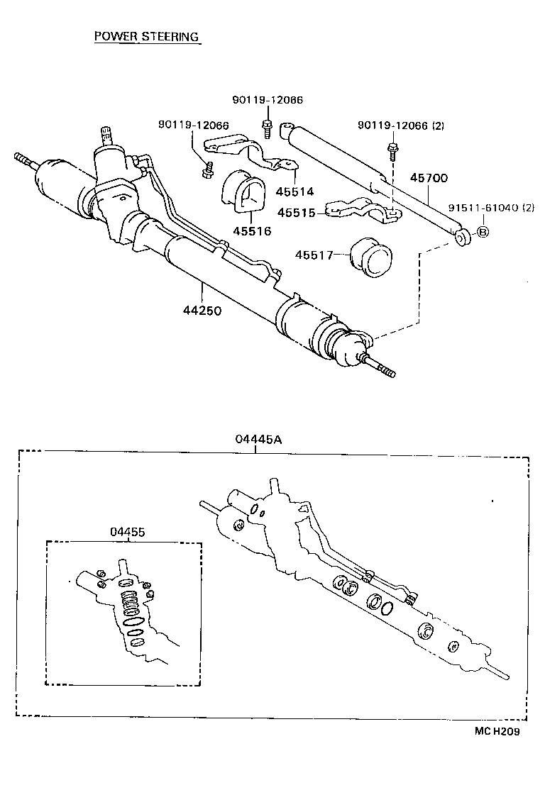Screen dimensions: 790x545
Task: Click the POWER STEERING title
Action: point(147,37)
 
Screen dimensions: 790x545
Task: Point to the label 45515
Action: point(296,212)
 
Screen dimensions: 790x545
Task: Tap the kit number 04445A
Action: point(259,439)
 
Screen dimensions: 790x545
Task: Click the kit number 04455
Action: point(128,531)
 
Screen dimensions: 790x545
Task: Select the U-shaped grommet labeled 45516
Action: point(241,191)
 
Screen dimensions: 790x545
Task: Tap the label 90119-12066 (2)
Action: point(401,126)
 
